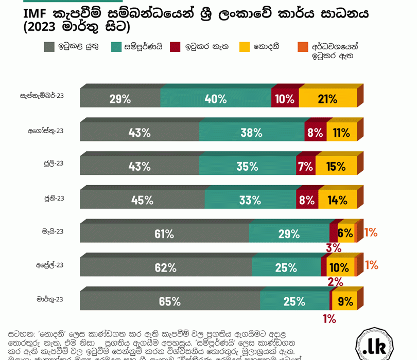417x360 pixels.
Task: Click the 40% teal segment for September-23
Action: (x=216, y=99)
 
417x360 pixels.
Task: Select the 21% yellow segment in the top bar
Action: (x=328, y=99)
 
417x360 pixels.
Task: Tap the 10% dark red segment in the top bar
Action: (x=285, y=99)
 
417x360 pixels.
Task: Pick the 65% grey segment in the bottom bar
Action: (x=170, y=301)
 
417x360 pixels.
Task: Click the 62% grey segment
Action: (x=166, y=267)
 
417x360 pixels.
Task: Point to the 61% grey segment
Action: (x=164, y=234)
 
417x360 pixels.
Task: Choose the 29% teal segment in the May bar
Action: (x=289, y=234)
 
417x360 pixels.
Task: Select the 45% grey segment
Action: (x=142, y=200)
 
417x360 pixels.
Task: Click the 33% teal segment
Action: (x=250, y=200)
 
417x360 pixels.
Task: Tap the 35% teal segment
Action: (x=247, y=166)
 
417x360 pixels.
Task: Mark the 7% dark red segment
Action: (x=305, y=166)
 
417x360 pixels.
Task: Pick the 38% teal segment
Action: (x=252, y=132)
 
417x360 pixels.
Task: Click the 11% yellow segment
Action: (x=341, y=132)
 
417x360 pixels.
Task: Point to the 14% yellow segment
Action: (x=337, y=200)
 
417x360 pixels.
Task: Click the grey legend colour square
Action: (x=49, y=47)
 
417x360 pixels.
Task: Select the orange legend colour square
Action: (x=303, y=47)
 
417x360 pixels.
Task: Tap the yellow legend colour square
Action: (x=245, y=47)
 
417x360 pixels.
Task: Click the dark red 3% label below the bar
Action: (x=334, y=248)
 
